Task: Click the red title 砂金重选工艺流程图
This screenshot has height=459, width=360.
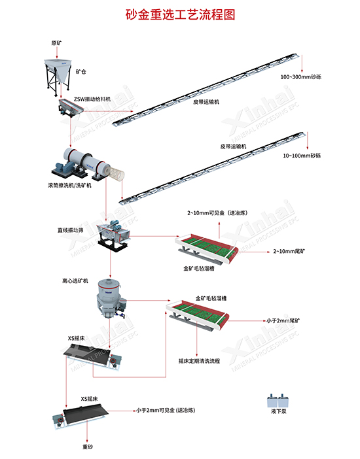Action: (x=180, y=14)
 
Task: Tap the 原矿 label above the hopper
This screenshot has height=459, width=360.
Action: (x=56, y=43)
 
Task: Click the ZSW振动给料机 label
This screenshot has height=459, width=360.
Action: (x=92, y=99)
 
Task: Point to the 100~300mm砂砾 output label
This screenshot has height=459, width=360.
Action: (x=301, y=77)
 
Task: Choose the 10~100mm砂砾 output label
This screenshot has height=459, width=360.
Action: (x=302, y=156)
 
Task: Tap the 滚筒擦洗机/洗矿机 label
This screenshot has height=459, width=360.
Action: (x=70, y=186)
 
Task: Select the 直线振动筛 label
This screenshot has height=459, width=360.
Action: (x=70, y=230)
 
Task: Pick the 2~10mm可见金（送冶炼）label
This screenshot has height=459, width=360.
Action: (x=217, y=212)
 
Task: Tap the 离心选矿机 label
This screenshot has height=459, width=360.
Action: (x=75, y=281)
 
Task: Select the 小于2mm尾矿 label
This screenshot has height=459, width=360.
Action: (x=283, y=321)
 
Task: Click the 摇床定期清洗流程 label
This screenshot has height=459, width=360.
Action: (x=200, y=361)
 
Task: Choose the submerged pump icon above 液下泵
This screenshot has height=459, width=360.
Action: (x=278, y=400)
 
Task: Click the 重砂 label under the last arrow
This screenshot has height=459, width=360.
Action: (x=88, y=447)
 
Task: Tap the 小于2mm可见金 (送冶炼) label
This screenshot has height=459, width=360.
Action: (x=166, y=411)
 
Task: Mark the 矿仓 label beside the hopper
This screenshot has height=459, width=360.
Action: (x=81, y=72)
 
